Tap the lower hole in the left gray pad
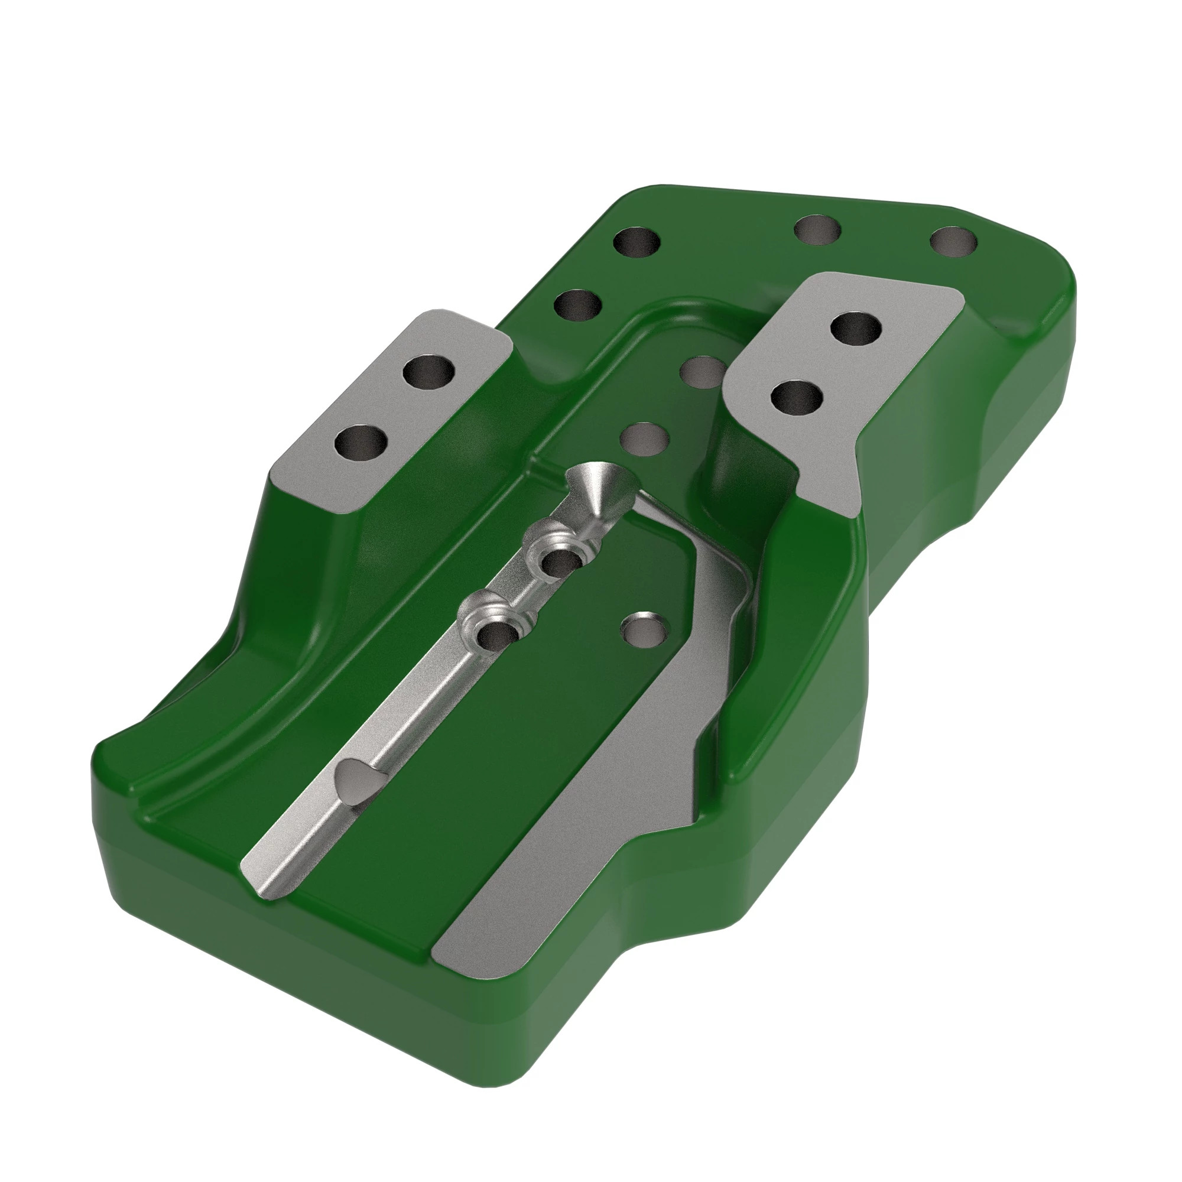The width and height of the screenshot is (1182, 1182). (362, 443)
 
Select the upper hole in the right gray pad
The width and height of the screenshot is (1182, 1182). (857, 329)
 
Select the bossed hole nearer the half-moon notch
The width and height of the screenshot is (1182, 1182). (496, 634)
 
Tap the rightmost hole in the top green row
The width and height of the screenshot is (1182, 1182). (953, 242)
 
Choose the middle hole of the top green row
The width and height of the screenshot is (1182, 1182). (817, 230)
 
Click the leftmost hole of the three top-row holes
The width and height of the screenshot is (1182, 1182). (637, 243)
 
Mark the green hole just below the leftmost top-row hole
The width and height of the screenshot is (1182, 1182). (577, 305)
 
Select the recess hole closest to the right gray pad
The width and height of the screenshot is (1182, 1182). (703, 372)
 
